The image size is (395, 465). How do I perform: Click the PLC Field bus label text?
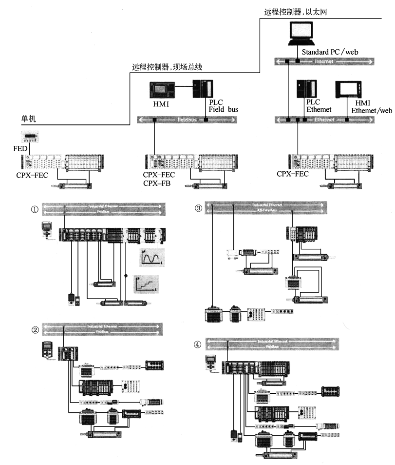click(x=223, y=106)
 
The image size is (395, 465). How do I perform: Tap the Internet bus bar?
click(x=324, y=62)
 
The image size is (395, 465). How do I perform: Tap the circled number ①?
click(x=34, y=209)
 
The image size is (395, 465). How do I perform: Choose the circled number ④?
click(x=197, y=344)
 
